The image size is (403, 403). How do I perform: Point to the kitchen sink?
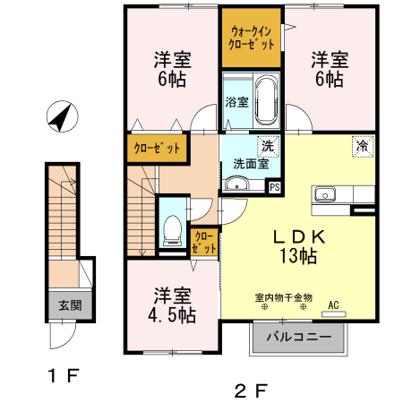[x=323, y=194]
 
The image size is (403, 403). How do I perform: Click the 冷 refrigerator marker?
[x=363, y=144]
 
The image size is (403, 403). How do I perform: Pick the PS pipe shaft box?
[x=274, y=187]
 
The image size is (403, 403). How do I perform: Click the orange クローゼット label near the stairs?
[x=157, y=149]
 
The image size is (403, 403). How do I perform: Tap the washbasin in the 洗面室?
[x=236, y=184]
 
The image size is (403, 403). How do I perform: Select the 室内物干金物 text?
[x=283, y=296]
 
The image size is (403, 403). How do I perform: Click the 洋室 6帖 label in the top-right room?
[x=329, y=70]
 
